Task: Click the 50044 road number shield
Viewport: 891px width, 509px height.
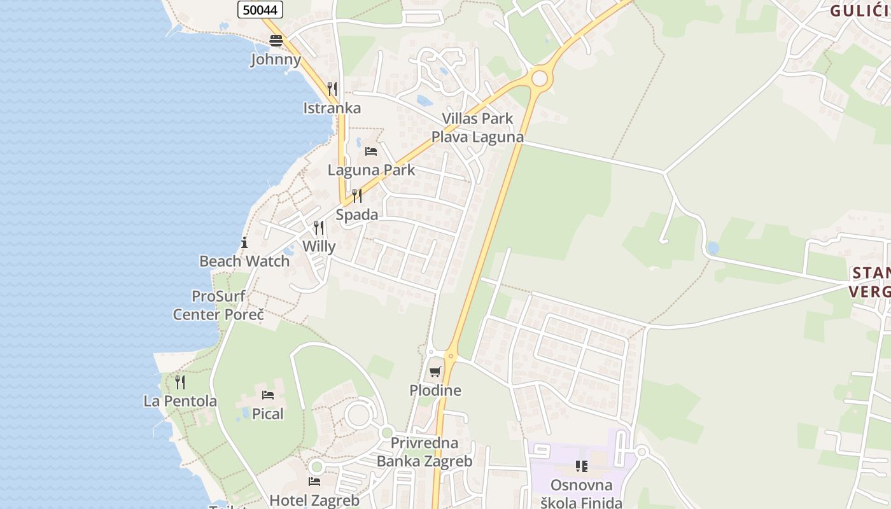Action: point(260,10)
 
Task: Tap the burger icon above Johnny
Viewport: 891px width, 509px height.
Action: point(276,41)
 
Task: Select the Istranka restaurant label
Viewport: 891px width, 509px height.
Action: point(332,108)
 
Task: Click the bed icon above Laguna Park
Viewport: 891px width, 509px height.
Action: point(371,151)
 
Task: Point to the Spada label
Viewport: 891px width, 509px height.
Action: point(356,215)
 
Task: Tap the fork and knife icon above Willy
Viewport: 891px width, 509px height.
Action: point(319,228)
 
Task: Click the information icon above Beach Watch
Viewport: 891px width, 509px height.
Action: point(244,242)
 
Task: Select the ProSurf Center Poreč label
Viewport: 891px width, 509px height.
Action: point(218,305)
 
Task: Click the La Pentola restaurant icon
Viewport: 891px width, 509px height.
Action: point(180,382)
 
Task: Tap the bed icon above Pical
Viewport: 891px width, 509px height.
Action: point(268,395)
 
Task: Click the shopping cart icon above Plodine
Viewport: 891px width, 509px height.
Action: point(435,372)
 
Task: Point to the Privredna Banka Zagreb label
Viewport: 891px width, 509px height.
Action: point(424,452)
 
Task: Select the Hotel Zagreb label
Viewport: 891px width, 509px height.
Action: point(314,500)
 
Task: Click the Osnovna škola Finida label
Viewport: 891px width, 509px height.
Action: point(581,494)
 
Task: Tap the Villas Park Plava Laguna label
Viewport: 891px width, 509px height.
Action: point(477,128)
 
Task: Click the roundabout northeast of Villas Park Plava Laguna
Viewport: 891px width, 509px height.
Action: point(540,78)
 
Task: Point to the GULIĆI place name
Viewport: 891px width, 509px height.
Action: point(860,10)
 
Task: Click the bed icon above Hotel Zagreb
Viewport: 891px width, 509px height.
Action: point(314,482)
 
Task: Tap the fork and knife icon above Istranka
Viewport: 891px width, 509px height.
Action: point(332,88)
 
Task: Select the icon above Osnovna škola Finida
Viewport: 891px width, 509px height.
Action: point(581,466)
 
